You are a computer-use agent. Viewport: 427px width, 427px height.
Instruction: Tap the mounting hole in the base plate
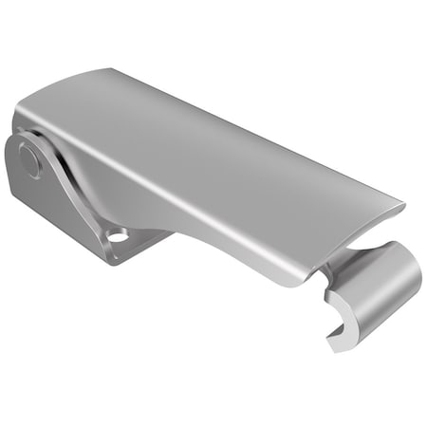[x=117, y=233]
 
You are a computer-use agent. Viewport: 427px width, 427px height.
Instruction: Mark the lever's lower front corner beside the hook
[x=302, y=283]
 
